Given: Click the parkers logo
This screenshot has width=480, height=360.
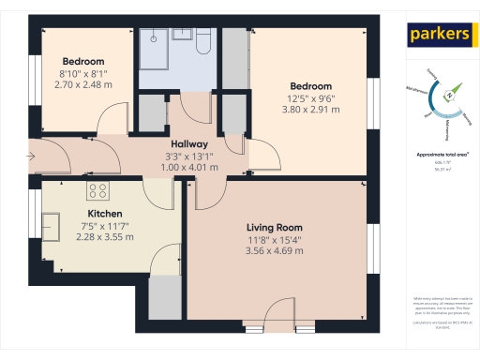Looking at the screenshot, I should [439, 35].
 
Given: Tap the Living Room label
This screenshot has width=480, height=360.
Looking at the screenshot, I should [274, 228].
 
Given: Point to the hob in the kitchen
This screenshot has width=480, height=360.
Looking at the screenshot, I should [98, 191].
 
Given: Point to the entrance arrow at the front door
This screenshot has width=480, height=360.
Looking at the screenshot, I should [35, 156].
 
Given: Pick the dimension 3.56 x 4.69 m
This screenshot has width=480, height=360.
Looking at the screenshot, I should [274, 250].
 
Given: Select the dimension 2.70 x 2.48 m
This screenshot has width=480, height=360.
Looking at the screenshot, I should [82, 83].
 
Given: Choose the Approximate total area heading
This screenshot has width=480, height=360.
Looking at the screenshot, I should [442, 154].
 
